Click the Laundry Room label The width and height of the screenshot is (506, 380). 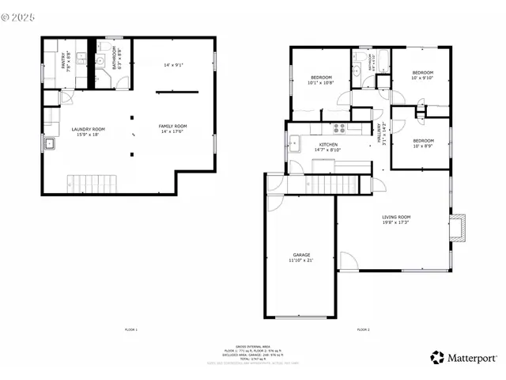[x=88, y=131]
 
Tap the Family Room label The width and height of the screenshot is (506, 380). [x=172, y=128]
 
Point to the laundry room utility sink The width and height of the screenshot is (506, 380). [x=50, y=145]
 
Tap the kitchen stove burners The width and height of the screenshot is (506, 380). [x=340, y=127]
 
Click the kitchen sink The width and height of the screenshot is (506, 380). [x=294, y=144]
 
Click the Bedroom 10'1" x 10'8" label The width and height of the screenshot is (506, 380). [x=320, y=79]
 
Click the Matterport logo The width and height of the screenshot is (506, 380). [x=463, y=357]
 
